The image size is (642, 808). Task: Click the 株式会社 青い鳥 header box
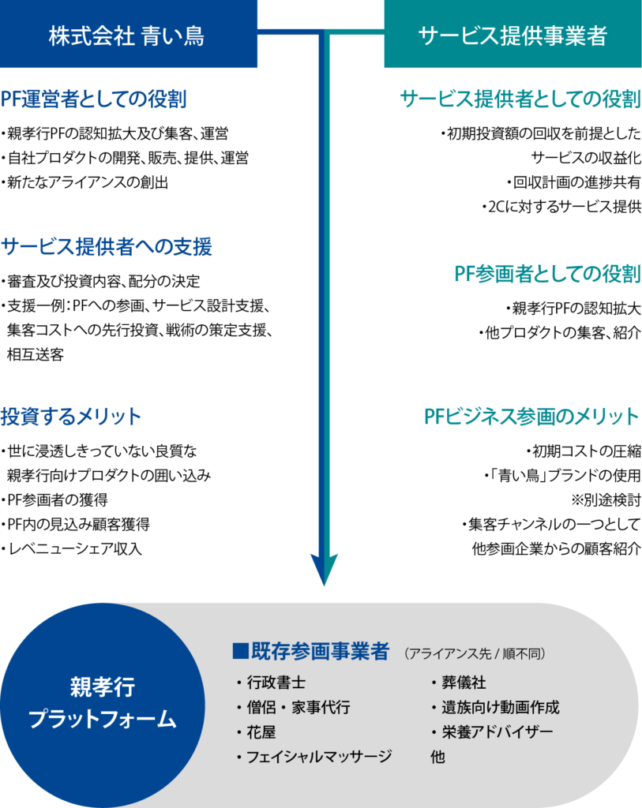[129, 35]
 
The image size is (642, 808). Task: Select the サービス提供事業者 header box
[512, 35]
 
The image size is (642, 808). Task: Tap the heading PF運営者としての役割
[93, 100]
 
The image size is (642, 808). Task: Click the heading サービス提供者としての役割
[520, 99]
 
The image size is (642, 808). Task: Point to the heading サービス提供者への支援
[107, 247]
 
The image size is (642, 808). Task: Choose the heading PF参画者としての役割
[547, 274]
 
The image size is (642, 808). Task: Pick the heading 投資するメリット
[71, 417]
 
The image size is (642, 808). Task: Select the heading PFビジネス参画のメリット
[531, 417]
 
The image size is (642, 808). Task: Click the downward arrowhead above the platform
[324, 568]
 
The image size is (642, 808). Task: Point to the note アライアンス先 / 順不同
[475, 654]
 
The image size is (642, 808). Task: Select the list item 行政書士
[276, 683]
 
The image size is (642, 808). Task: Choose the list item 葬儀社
[463, 683]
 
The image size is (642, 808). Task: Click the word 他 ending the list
[437, 757]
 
